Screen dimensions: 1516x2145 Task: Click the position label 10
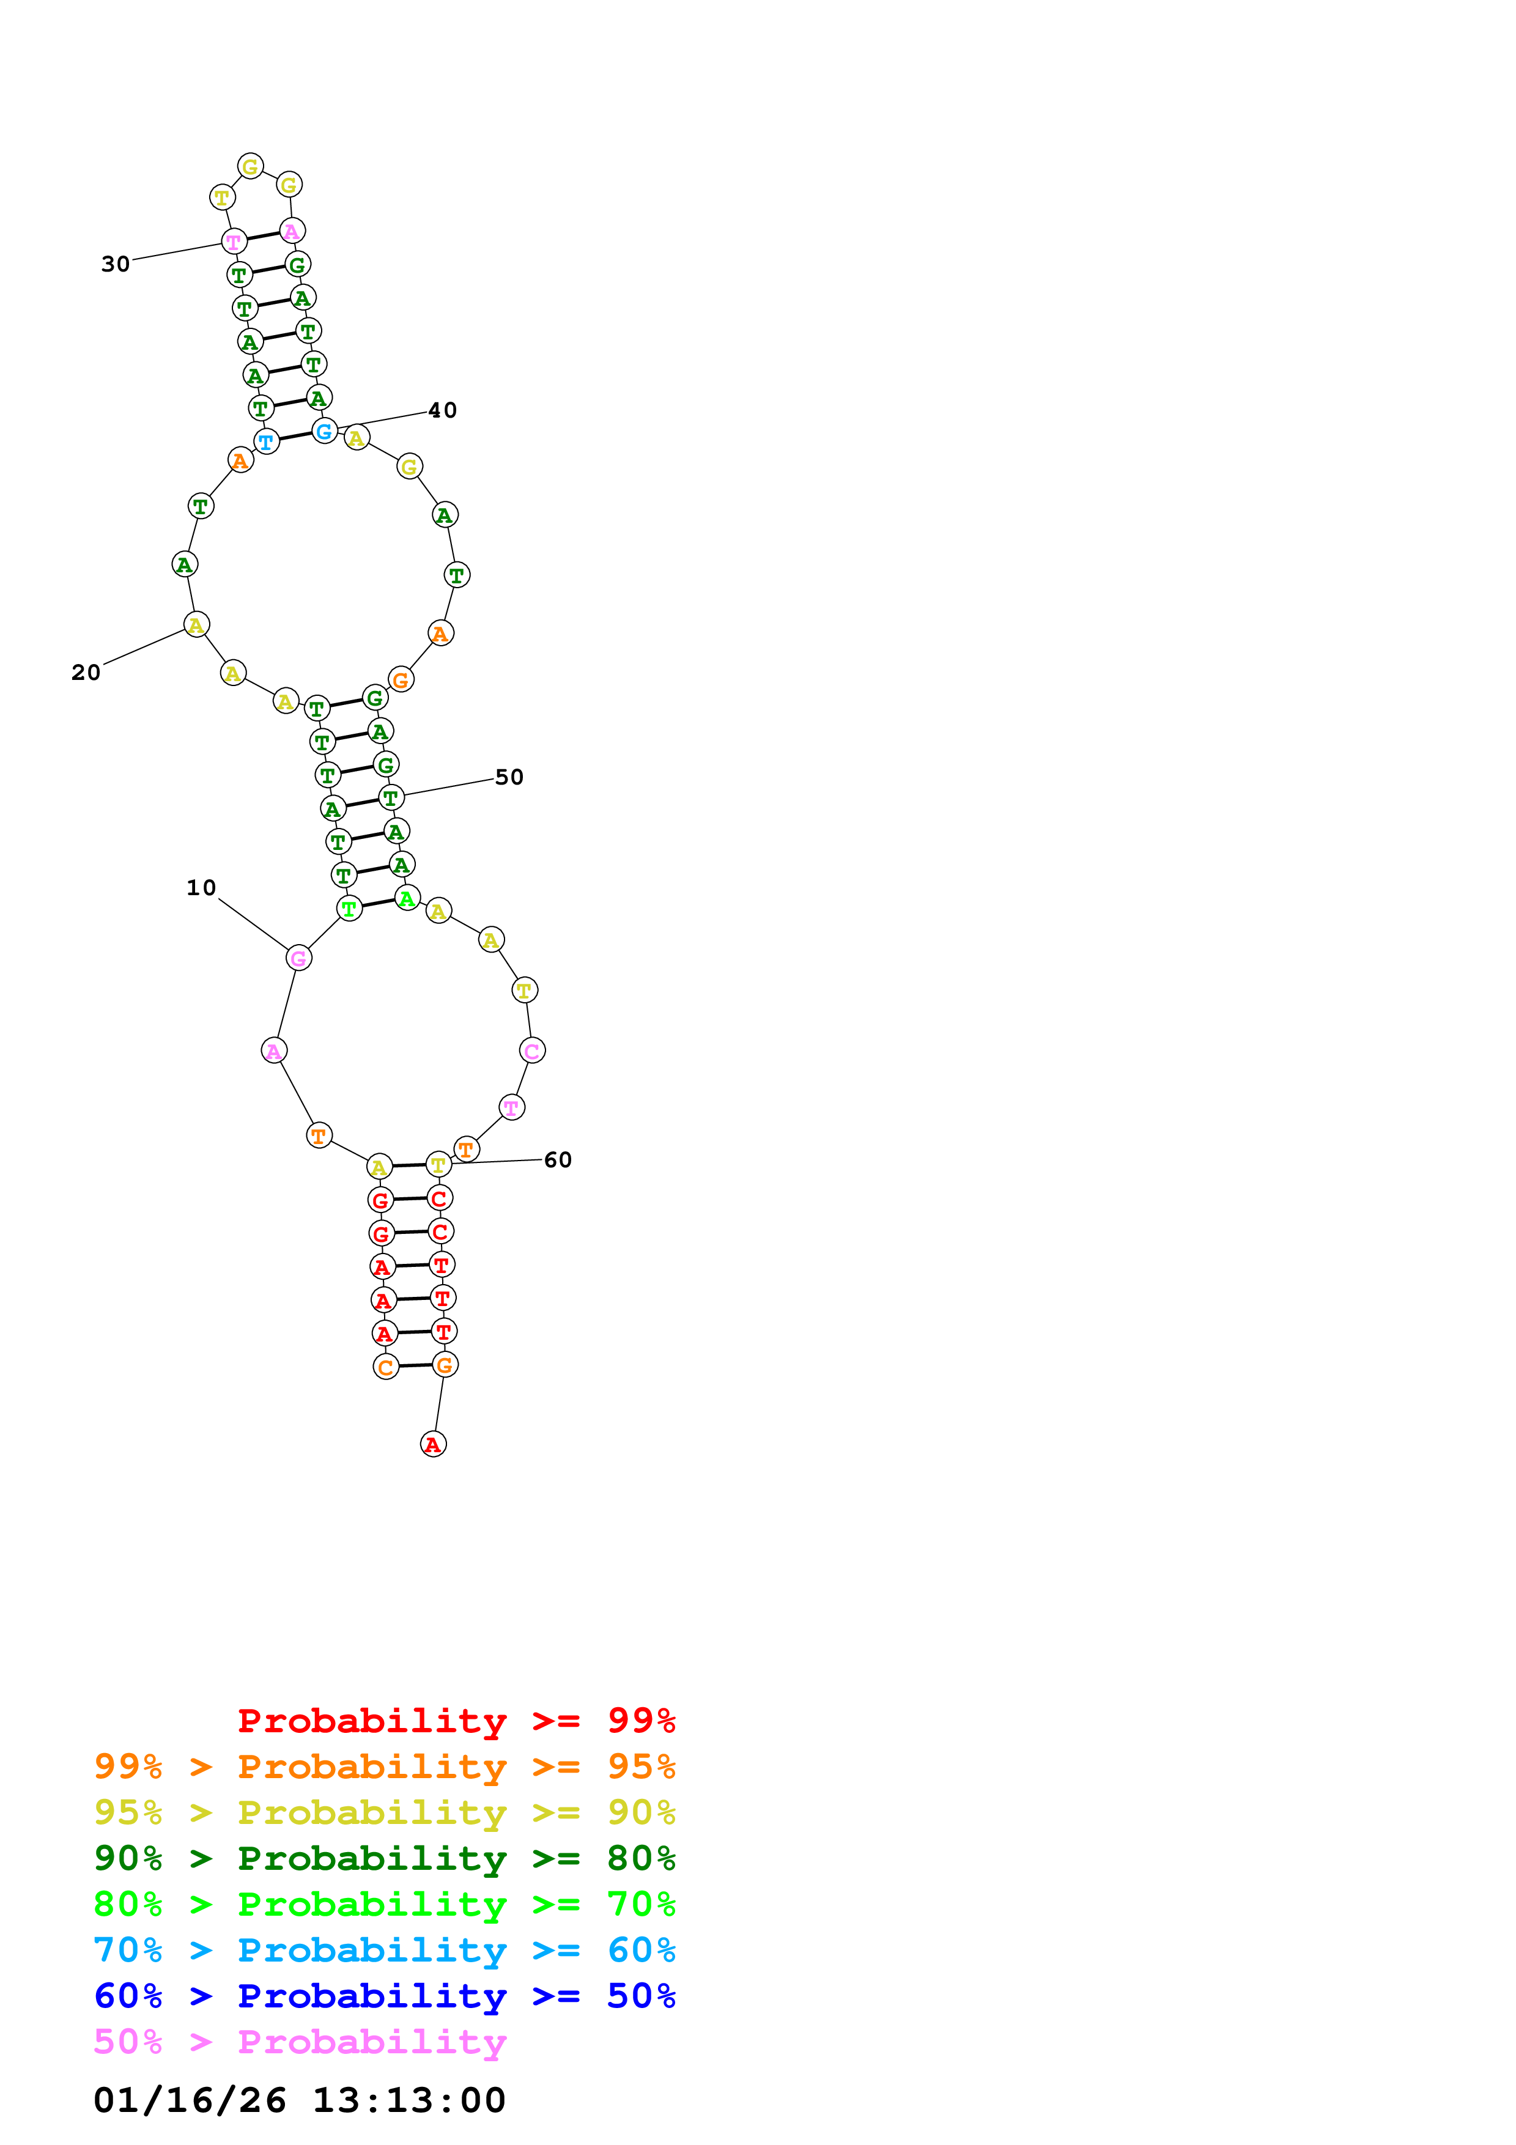(x=201, y=887)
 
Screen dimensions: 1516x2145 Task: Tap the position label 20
(x=86, y=673)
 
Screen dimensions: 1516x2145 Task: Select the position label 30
(x=116, y=264)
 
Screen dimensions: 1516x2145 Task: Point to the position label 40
(x=443, y=410)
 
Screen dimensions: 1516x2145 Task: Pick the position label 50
(x=509, y=777)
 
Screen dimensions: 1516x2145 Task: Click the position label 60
(x=558, y=1159)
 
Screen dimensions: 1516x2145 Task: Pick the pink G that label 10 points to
(x=298, y=958)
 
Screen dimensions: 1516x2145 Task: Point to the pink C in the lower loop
(x=531, y=1051)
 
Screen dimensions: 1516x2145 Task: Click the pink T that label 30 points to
(x=234, y=241)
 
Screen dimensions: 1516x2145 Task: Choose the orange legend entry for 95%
(x=384, y=1766)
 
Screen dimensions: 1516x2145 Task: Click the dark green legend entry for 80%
(x=384, y=1858)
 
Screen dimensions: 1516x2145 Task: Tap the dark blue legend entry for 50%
(x=384, y=1996)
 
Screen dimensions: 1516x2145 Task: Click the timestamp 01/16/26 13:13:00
(x=299, y=2100)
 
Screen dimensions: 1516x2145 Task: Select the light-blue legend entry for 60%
(x=384, y=1950)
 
